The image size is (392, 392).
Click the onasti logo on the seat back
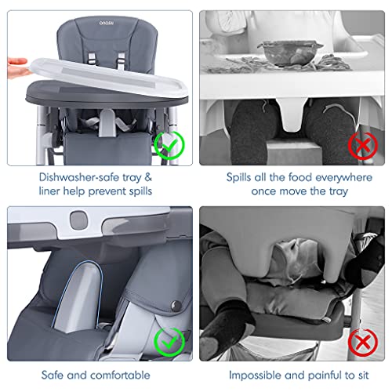click(107, 23)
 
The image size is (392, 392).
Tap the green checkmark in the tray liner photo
click(169, 145)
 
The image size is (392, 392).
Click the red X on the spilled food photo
click(363, 146)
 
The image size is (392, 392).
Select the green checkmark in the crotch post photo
click(169, 342)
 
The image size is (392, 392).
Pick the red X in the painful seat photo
click(363, 342)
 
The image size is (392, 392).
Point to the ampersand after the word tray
click(148, 177)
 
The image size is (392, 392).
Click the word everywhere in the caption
click(343, 178)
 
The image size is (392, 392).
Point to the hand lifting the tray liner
click(16, 67)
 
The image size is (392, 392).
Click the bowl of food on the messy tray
click(290, 52)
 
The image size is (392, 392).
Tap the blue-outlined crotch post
click(78, 297)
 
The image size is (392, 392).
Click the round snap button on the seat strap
click(176, 305)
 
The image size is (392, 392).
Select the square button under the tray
click(78, 220)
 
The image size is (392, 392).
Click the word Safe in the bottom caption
click(53, 376)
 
